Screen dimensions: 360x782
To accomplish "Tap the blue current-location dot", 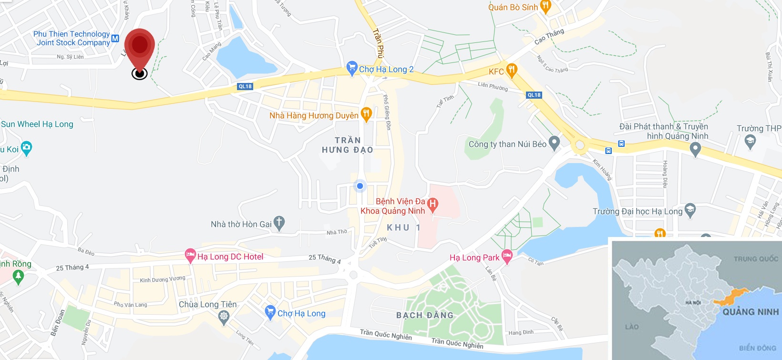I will [x=360, y=186].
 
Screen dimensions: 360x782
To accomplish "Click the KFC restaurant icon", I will [x=511, y=71].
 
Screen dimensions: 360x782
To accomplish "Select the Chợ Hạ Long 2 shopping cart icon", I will [x=352, y=69].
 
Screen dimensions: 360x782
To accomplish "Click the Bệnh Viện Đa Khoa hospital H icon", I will [x=432, y=205].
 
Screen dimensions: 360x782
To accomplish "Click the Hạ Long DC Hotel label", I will [x=230, y=257].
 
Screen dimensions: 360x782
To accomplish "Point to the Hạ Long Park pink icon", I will [x=507, y=257].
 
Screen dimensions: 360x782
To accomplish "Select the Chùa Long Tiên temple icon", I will [x=224, y=316].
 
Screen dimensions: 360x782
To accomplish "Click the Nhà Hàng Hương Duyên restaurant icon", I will [x=366, y=114].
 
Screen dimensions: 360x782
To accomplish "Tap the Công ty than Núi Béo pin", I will [x=554, y=143].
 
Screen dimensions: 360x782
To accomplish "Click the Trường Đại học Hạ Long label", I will [x=638, y=211].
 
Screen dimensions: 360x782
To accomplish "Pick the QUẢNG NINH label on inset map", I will [x=751, y=312].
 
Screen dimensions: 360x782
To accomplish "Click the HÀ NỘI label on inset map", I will [x=693, y=303].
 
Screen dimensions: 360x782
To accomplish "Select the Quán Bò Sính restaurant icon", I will [x=546, y=6].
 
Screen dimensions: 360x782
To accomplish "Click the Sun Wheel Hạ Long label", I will [x=37, y=124].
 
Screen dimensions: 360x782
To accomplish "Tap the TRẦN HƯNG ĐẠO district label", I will [x=348, y=145].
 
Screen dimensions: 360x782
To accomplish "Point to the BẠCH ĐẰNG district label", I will [x=425, y=315].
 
